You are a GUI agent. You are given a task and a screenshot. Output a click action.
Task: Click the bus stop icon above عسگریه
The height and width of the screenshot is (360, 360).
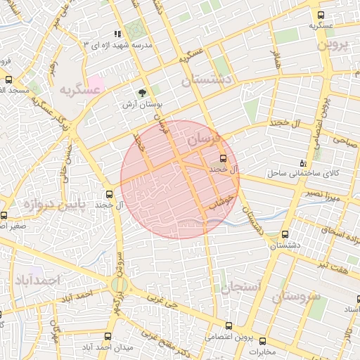click(321, 14)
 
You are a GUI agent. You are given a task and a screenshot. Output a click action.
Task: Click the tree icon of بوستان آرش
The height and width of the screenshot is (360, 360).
click(143, 92)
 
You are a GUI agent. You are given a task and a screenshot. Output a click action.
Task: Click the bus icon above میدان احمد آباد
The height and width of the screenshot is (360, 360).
click(108, 336)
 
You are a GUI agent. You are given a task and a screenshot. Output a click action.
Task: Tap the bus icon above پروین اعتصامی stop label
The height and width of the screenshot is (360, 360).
click(228, 325)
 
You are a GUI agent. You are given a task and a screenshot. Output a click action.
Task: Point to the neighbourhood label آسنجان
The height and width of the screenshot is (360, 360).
click(240, 287)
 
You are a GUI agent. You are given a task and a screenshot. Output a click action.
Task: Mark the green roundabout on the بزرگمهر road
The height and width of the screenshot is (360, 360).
click(118, 285)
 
